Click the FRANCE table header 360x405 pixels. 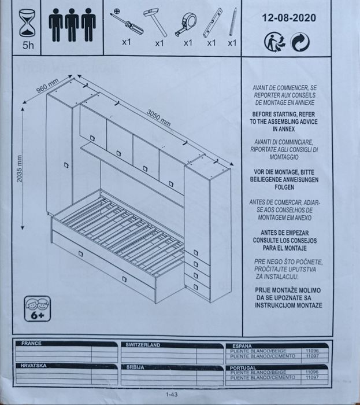tap(31, 343)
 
